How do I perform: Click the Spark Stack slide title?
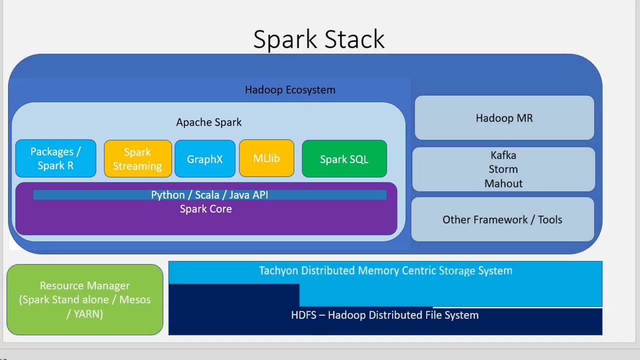[318, 39]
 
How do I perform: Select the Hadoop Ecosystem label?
[290, 90]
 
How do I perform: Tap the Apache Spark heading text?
[208, 122]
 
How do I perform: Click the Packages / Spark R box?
[55, 158]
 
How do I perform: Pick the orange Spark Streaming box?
[137, 158]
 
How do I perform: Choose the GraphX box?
[204, 159]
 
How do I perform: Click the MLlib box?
[266, 158]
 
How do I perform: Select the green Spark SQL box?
[344, 159]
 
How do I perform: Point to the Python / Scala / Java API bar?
[209, 195]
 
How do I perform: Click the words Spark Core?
[205, 209]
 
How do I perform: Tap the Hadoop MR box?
[504, 118]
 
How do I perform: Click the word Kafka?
[503, 155]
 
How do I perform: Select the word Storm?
[503, 169]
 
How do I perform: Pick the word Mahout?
[503, 183]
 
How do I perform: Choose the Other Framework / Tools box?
[502, 219]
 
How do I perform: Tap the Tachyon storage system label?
[385, 270]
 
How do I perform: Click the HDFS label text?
[384, 315]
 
